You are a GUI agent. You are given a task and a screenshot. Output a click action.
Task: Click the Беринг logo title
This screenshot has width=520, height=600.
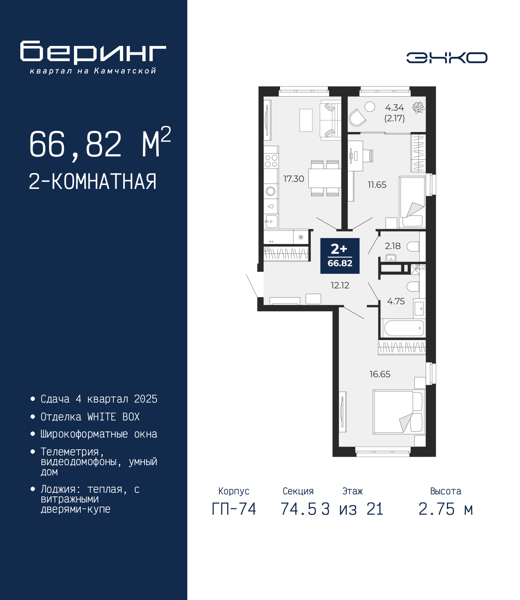pyautogui.click(x=93, y=52)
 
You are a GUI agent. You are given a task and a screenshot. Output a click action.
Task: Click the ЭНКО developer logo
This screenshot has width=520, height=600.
pyautogui.click(x=446, y=57)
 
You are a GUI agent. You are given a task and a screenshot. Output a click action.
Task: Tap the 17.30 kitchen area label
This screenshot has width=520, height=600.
pyautogui.click(x=294, y=179)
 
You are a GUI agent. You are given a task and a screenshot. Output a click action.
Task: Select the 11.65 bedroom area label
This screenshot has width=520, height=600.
pyautogui.click(x=377, y=184)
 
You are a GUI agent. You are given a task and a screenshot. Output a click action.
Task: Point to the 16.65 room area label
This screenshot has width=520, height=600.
pyautogui.click(x=380, y=374)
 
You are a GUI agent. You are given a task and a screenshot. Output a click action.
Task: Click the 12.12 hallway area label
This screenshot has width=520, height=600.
pyautogui.click(x=340, y=285)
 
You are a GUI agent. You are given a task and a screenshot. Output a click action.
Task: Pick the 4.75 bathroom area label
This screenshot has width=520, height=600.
pyautogui.click(x=396, y=301)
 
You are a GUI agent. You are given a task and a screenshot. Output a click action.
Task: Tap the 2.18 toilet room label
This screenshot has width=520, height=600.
pyautogui.click(x=392, y=246)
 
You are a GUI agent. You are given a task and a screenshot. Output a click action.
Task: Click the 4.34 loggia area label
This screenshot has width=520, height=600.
pyautogui.click(x=394, y=108)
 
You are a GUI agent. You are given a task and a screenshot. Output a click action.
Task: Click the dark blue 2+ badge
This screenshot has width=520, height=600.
pyautogui.click(x=340, y=256)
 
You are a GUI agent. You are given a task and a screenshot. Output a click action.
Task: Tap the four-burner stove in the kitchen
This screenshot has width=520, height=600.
pyautogui.click(x=271, y=161)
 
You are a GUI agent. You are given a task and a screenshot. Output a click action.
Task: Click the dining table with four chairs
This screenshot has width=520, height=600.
pyautogui.click(x=325, y=178)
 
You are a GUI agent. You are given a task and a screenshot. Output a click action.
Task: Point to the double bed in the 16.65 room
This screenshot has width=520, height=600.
pyautogui.click(x=399, y=412)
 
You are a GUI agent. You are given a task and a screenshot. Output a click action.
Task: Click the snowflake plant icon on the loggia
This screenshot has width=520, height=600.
pyautogui.click(x=418, y=108)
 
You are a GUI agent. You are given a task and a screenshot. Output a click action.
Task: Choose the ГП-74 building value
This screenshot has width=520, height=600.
pyautogui.click(x=234, y=509)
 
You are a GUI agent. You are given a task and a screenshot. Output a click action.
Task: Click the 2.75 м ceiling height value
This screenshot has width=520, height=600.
pyautogui.click(x=446, y=509)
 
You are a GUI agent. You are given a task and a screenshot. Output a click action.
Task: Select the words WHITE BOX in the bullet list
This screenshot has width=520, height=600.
pyautogui.click(x=113, y=417)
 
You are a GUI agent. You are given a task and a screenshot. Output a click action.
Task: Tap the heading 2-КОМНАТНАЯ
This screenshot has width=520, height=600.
pyautogui.click(x=93, y=181)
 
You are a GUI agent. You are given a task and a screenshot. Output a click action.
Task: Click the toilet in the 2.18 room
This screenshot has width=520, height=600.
pyautogui.click(x=413, y=247)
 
